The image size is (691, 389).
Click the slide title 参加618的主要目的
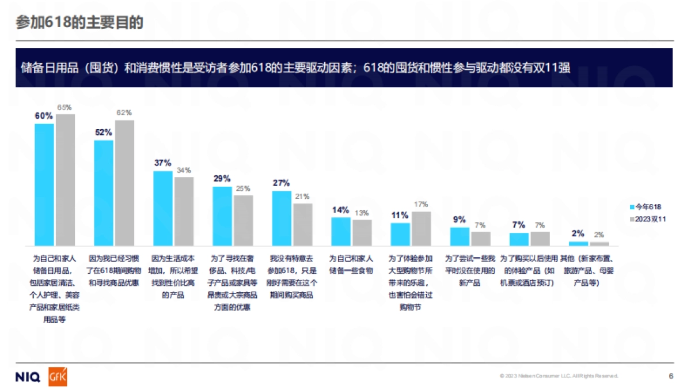79,22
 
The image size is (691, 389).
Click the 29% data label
222,179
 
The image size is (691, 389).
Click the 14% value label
340,210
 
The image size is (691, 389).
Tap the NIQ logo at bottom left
28,377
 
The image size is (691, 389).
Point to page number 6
671,376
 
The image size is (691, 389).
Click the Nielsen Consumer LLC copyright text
559,376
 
